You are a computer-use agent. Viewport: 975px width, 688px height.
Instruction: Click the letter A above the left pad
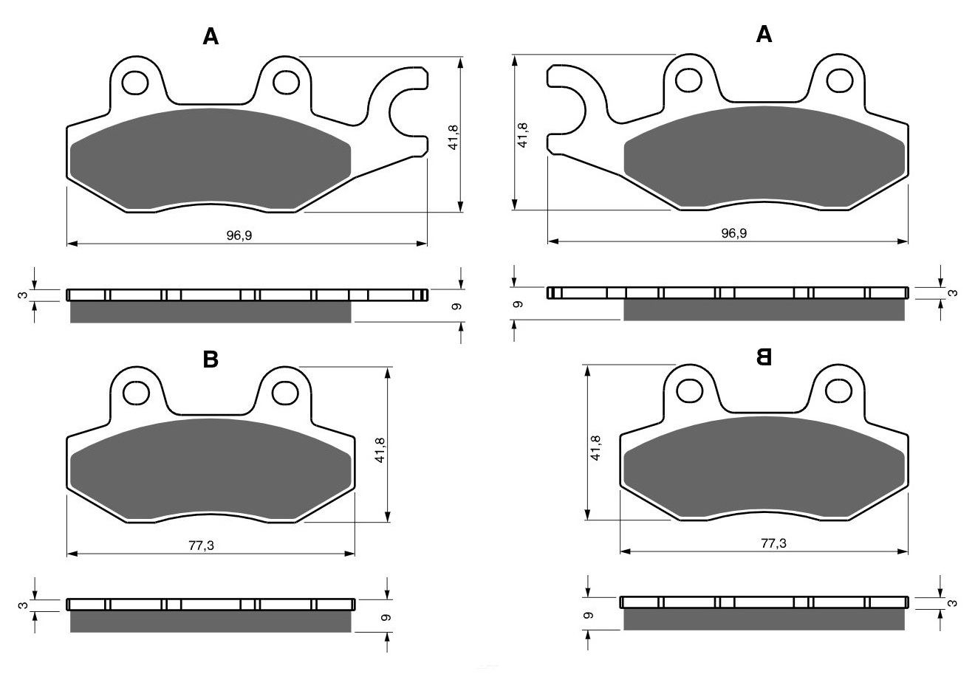point(211,36)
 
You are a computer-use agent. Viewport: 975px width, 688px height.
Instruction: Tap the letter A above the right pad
point(764,34)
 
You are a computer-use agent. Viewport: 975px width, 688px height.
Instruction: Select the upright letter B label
point(211,360)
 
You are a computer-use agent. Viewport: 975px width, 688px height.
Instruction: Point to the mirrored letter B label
point(764,357)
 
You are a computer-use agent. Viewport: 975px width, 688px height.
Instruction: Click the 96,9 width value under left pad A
point(239,235)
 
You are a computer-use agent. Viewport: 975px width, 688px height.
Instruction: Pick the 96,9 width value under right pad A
point(734,233)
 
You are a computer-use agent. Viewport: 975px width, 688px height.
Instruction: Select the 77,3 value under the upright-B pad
point(201,546)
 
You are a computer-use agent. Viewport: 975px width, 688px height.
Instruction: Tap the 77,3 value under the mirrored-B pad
point(773,543)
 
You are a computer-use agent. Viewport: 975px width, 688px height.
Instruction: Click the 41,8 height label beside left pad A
point(453,137)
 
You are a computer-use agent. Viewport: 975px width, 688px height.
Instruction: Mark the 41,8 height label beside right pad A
point(522,135)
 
